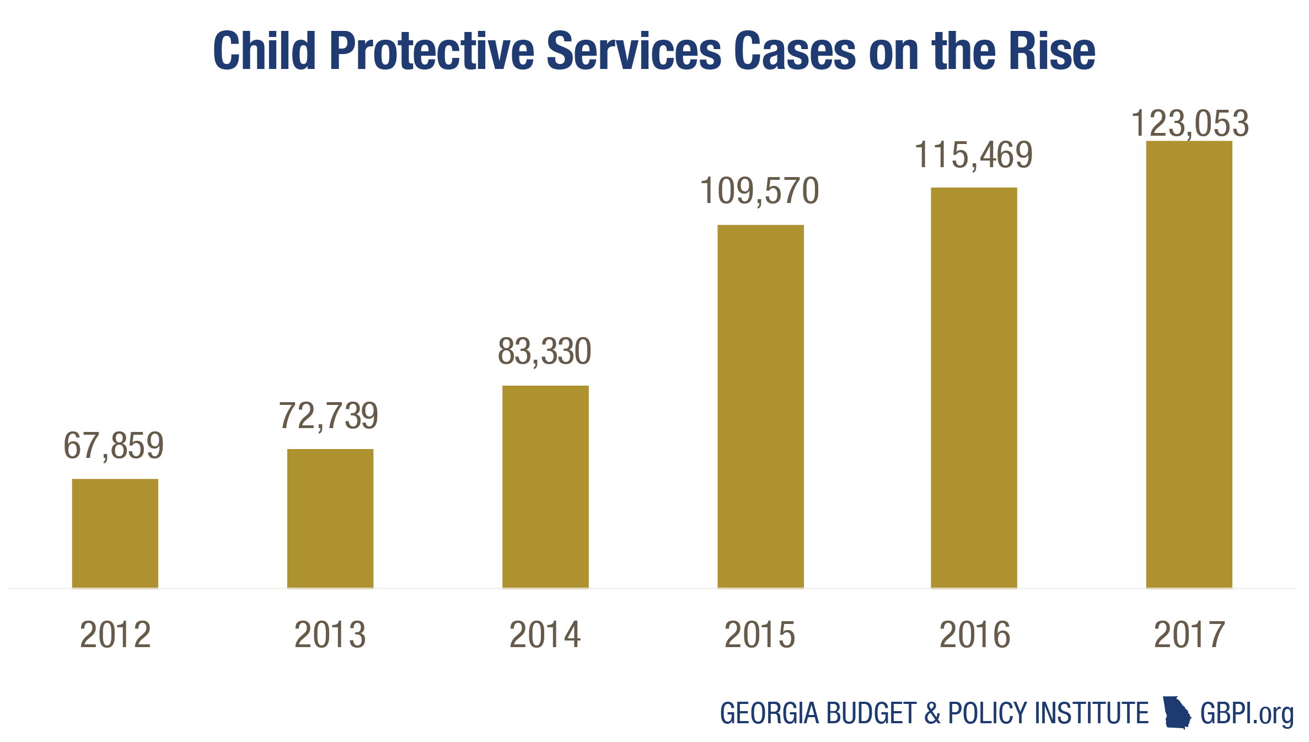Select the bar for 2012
click(x=115, y=533)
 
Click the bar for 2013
click(x=330, y=518)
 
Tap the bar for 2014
click(x=545, y=487)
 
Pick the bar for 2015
click(x=760, y=406)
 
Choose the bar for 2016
click(x=974, y=387)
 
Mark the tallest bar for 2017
click(x=1189, y=364)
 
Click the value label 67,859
click(x=114, y=446)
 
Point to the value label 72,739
click(x=329, y=416)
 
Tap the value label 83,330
click(x=544, y=351)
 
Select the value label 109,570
click(x=759, y=191)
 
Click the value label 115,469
click(x=973, y=155)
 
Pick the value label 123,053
click(x=1189, y=124)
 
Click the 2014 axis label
click(x=545, y=634)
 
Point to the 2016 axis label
click(x=974, y=634)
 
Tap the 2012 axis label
click(x=115, y=634)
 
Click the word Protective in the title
click(x=431, y=52)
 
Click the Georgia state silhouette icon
click(x=1176, y=713)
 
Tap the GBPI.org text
click(x=1247, y=714)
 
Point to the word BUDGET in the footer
click(x=871, y=713)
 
